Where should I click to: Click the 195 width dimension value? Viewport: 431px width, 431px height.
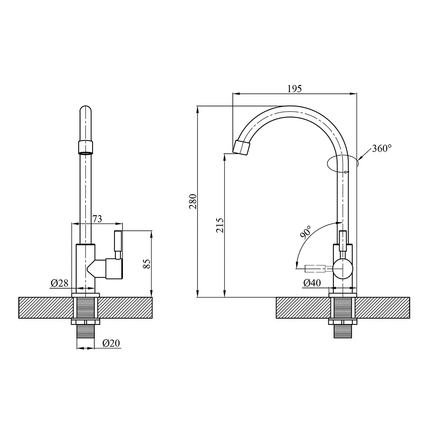click(294, 89)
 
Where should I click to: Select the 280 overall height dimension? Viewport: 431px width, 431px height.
click(193, 202)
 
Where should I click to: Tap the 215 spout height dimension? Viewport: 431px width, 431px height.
click(220, 225)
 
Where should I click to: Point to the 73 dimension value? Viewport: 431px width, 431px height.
click(97, 219)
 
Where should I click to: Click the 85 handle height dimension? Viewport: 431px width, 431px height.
click(147, 264)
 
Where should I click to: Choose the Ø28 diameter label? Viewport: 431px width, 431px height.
click(59, 283)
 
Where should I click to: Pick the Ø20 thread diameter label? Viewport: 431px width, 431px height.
click(111, 343)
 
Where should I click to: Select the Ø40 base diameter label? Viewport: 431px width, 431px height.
click(312, 283)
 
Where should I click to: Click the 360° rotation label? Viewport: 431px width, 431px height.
click(382, 149)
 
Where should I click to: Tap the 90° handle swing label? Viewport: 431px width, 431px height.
click(306, 232)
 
